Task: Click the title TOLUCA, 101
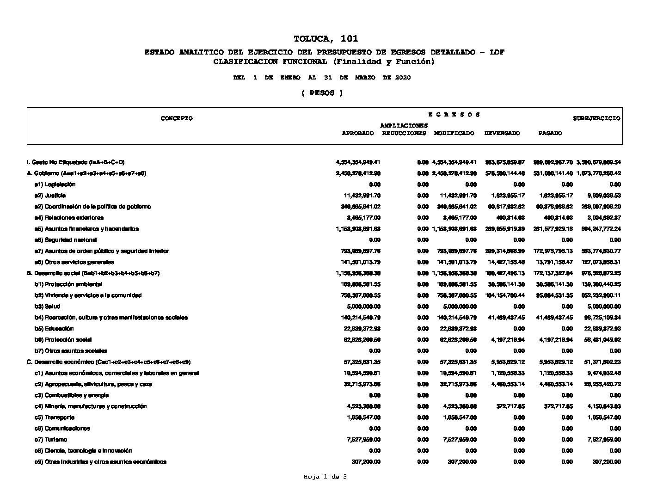pos(325,39)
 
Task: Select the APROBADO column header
pos(357,133)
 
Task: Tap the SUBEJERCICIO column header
pos(596,118)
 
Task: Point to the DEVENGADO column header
pos(502,133)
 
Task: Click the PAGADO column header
pos(550,133)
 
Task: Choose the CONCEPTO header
pos(177,118)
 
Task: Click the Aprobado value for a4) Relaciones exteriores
pos(363,218)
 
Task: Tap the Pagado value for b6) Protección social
pos(553,340)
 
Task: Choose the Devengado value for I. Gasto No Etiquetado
pos(504,162)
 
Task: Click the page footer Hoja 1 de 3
pos(325,477)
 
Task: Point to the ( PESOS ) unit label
pos(322,93)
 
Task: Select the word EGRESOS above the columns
pos(454,115)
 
